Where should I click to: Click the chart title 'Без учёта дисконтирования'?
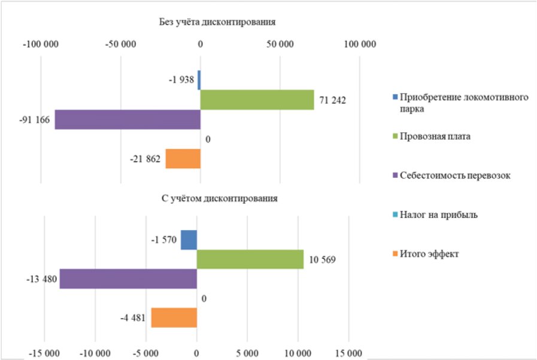pos(217,23)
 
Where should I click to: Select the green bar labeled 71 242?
pos(257,100)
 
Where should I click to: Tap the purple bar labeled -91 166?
pos(128,119)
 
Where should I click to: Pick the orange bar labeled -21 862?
pos(183,159)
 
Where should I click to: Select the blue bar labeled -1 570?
pos(189,240)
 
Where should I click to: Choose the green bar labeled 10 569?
pos(250,259)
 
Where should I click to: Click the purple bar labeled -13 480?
pos(128,279)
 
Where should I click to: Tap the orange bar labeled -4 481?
pos(174,317)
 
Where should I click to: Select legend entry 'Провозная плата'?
pos(435,137)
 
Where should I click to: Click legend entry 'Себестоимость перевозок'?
pos(455,176)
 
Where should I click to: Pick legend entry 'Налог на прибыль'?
pos(438,214)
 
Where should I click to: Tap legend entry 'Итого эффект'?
pos(429,253)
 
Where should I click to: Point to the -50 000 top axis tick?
pos(120,44)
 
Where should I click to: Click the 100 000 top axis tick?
pos(359,44)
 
